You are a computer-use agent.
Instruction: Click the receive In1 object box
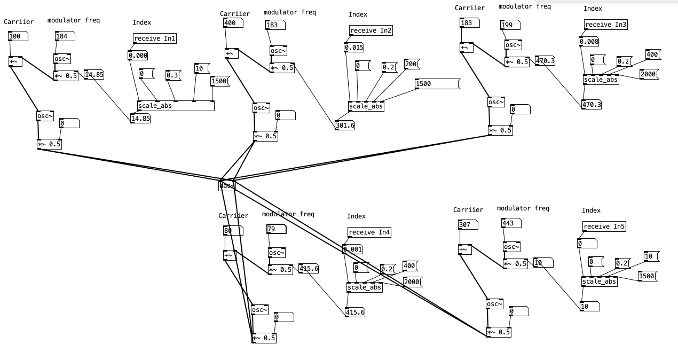pos(155,38)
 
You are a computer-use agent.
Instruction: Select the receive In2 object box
pos(371,30)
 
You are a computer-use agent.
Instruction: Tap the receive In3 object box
pos(605,25)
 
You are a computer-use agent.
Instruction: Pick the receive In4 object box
pos(369,232)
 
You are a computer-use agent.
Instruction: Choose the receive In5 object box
pos(604,226)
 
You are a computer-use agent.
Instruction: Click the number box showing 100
pos(18,36)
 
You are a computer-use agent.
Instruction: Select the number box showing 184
pos(65,36)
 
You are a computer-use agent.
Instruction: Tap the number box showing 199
pos(510,25)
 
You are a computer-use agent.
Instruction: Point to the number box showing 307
pos(468,225)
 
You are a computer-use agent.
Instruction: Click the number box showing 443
pos(510,223)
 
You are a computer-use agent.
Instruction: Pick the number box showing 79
pos(275,229)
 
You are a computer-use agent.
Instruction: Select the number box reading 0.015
pos(354,48)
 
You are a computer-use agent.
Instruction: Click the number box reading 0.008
pos(589,42)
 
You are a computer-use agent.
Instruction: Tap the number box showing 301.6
pos(345,126)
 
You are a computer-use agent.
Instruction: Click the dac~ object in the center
pos(227,186)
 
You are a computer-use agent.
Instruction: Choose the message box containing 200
pos(411,64)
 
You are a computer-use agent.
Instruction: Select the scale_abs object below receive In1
pos(176,106)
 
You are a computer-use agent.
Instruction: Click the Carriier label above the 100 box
pos(19,22)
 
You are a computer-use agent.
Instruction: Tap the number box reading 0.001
pos(352,249)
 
